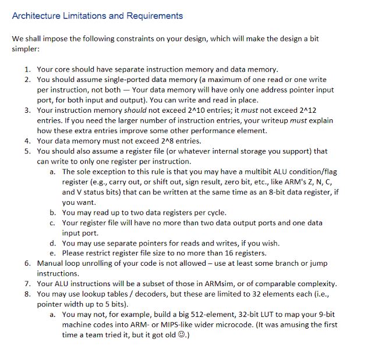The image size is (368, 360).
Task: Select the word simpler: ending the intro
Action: pos(25,49)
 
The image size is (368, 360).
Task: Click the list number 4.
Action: pos(27,141)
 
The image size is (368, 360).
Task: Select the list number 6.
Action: pos(27,263)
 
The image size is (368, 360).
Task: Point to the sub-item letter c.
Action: pos(52,223)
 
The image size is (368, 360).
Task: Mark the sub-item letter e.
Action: pos(52,253)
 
